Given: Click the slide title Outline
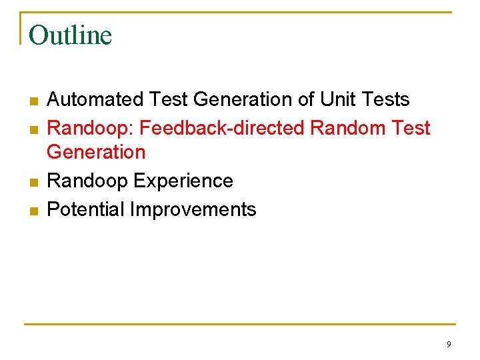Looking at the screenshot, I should pyautogui.click(x=71, y=35).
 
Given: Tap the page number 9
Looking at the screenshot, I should pyautogui.click(x=449, y=344).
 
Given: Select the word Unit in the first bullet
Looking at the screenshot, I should pyautogui.click(x=337, y=99).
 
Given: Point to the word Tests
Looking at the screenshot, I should pyautogui.click(x=385, y=99).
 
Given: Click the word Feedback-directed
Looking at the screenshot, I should pyautogui.click(x=225, y=128).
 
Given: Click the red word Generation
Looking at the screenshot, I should pyautogui.click(x=96, y=152).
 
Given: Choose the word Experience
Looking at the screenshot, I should pyautogui.click(x=183, y=181).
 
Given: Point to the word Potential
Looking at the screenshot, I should pyautogui.click(x=85, y=209).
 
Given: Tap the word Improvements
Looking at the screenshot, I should pyautogui.click(x=193, y=209).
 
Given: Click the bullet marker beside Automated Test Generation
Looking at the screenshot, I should pyautogui.click(x=33, y=101).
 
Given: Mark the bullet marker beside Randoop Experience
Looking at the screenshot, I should pyautogui.click(x=33, y=183).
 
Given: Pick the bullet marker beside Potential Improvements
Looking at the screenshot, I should pyautogui.click(x=33, y=211).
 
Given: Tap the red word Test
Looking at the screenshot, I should pyautogui.click(x=412, y=128).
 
